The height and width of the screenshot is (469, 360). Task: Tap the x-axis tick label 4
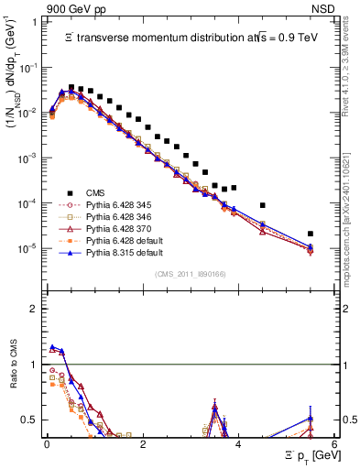[238, 443]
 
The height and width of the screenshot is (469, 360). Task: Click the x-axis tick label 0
[47, 443]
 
